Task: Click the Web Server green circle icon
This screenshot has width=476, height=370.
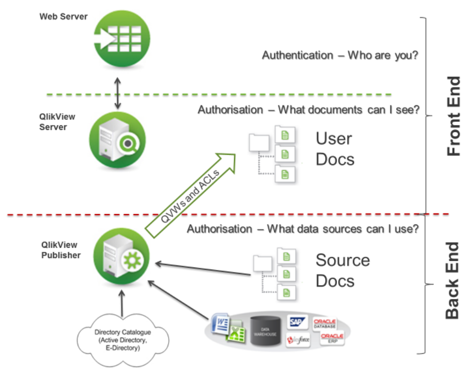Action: [117, 40]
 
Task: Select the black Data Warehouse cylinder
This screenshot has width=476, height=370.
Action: [265, 330]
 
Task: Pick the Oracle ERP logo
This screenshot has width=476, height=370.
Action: [332, 338]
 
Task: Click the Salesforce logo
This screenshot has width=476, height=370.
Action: [298, 339]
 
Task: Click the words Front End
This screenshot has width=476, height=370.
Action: [454, 116]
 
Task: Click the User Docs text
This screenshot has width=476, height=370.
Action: [335, 149]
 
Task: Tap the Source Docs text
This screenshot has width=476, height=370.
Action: [343, 270]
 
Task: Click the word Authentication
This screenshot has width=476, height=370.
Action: [297, 55]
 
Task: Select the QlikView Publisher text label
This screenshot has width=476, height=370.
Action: [60, 250]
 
